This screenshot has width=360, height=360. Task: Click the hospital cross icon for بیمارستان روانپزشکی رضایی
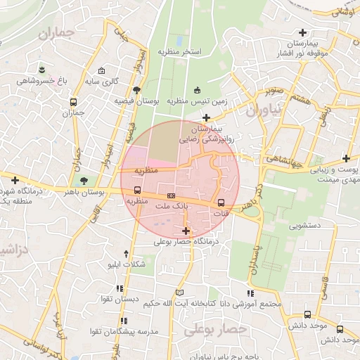(x=206, y=117)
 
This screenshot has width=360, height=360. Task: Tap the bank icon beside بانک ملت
(x=171, y=195)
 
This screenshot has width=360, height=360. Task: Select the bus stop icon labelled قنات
(x=221, y=202)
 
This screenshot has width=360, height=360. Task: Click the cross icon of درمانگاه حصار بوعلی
(x=186, y=231)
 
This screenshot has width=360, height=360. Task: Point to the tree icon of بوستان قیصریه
(x=136, y=90)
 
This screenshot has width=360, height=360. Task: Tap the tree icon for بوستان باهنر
(x=84, y=181)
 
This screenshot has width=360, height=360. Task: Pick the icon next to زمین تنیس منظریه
(x=197, y=89)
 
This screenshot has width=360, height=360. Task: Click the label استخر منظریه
(x=179, y=53)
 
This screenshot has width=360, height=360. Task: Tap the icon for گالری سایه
(x=102, y=71)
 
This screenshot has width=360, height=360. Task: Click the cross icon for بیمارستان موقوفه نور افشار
(x=303, y=32)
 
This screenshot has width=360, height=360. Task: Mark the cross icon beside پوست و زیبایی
(x=345, y=158)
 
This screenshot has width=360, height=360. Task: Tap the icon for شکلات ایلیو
(x=126, y=253)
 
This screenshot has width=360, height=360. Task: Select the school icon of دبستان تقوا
(x=120, y=288)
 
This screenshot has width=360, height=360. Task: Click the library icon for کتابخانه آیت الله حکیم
(x=179, y=292)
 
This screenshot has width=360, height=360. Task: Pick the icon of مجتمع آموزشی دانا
(x=250, y=292)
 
